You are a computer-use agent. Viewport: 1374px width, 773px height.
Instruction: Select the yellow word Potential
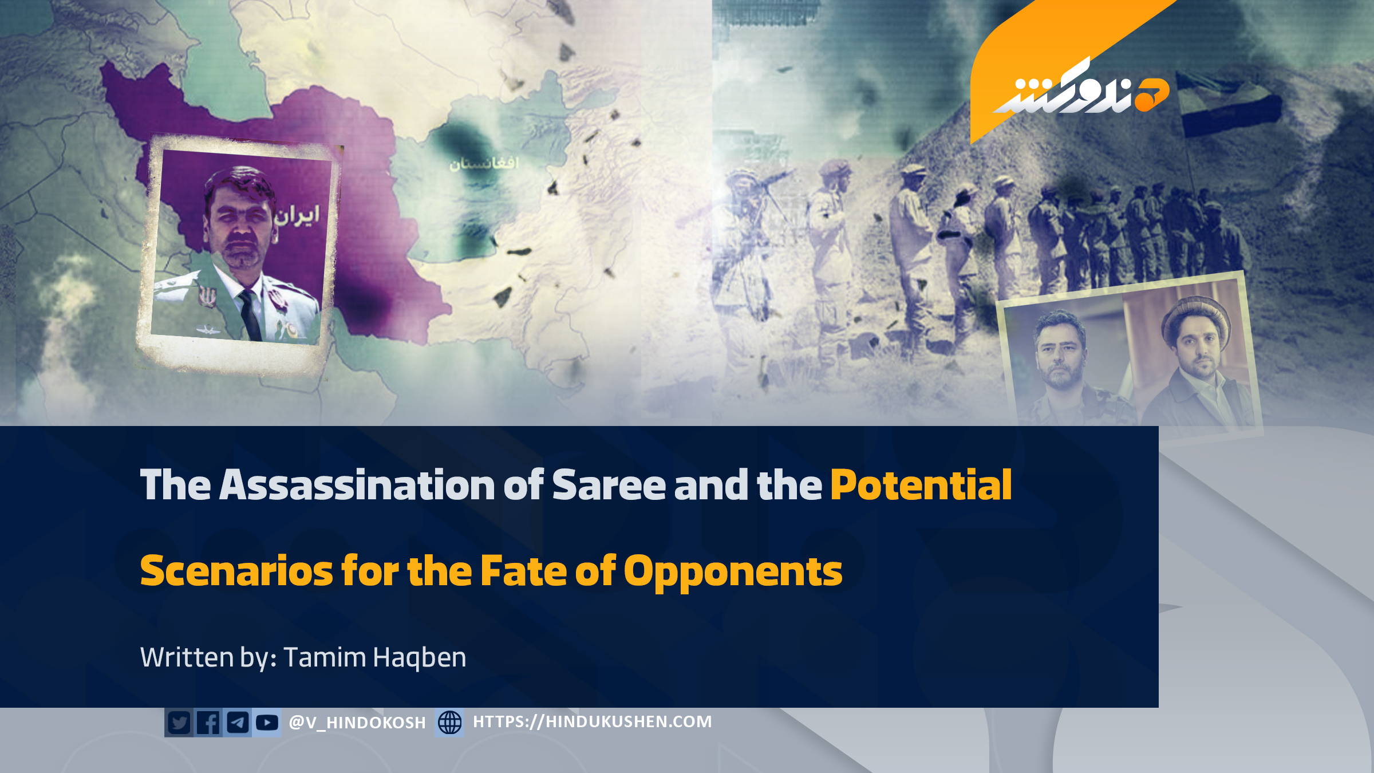[921, 484]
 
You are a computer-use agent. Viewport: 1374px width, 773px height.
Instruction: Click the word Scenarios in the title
[236, 571]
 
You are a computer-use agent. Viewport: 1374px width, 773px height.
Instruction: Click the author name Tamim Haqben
[375, 657]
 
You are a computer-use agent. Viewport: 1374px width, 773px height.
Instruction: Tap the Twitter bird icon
[179, 723]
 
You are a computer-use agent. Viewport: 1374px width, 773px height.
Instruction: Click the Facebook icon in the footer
[208, 723]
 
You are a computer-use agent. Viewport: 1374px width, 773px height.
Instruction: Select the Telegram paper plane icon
[238, 723]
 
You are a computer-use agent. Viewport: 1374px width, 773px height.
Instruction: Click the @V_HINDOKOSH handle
[357, 723]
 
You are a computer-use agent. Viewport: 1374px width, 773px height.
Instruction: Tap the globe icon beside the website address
[449, 722]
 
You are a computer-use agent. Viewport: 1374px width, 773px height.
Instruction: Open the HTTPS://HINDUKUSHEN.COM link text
[593, 721]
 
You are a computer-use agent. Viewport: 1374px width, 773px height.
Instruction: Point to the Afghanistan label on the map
[484, 164]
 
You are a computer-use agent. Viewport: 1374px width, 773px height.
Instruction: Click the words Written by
[209, 657]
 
